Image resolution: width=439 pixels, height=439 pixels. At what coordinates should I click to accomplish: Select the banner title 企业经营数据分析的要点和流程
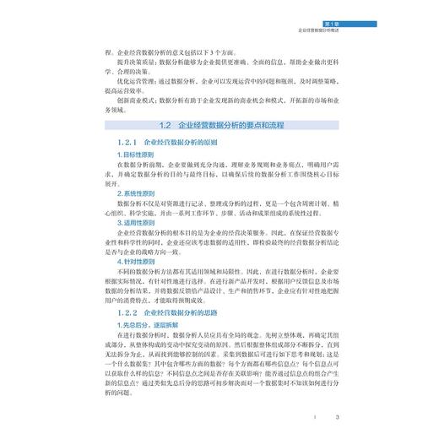231,124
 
